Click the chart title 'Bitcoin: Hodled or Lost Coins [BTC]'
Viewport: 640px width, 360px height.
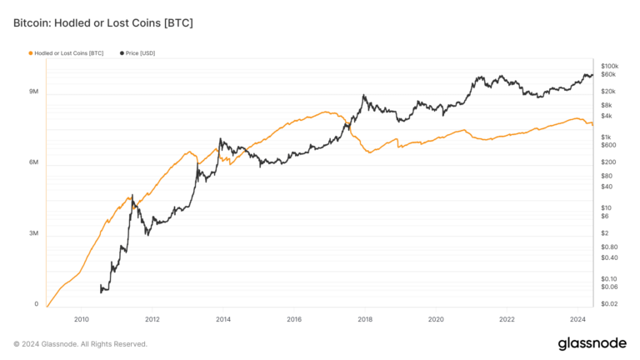pos(103,22)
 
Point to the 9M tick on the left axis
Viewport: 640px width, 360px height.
pos(33,92)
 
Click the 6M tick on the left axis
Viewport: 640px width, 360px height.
pos(33,162)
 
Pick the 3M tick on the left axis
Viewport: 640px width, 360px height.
pos(33,233)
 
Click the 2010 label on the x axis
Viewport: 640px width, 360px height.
pos(81,319)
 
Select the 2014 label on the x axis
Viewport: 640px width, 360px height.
pos(222,319)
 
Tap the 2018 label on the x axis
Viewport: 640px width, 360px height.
pos(364,319)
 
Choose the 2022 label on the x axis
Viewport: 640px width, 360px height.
pos(506,319)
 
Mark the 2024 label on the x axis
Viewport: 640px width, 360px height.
pos(577,319)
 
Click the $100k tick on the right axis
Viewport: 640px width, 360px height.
pos(609,65)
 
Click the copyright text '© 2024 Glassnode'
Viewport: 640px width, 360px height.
pos(80,343)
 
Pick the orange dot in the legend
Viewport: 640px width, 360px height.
pos(31,52)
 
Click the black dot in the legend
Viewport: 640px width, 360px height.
pos(122,52)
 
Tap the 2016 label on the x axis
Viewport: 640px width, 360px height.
pos(293,319)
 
